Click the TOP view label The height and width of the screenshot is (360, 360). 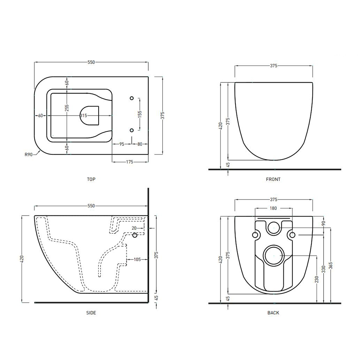91,179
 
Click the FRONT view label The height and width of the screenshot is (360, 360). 273,179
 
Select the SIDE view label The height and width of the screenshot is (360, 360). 91,313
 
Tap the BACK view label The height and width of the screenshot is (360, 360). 273,313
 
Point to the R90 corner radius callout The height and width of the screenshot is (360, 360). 29,154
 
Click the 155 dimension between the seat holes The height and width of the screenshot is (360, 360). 140,114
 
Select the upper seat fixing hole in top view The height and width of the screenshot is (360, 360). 131,98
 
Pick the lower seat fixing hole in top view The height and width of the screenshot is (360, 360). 131,130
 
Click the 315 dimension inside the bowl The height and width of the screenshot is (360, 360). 84,116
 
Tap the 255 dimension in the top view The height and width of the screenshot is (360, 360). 67,108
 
